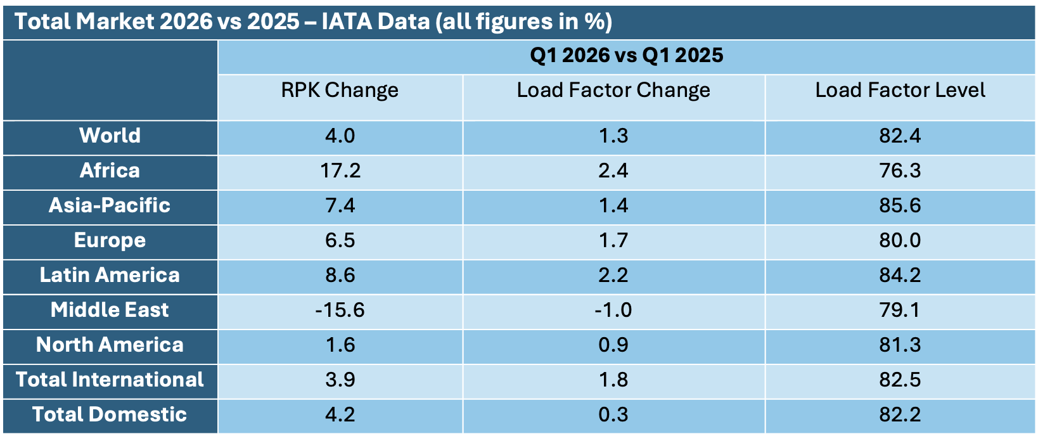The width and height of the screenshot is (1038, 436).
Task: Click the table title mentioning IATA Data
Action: coord(313,22)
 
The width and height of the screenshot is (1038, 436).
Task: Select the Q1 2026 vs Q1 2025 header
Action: coord(627,56)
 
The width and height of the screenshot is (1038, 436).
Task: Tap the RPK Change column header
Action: coord(340,90)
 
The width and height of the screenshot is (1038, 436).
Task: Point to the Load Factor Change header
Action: coord(613,90)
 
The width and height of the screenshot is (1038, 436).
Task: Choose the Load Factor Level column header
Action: coord(900,90)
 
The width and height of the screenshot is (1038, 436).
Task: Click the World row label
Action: coord(110,135)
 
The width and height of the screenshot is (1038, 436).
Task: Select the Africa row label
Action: coord(110,170)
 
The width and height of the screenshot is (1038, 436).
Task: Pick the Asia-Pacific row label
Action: coord(110,205)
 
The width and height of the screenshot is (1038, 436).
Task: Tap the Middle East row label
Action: coord(110,309)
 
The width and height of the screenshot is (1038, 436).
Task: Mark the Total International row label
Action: coord(110,380)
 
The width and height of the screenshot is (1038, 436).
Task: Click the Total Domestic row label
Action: coord(110,414)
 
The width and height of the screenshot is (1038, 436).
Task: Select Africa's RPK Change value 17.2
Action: coord(340,170)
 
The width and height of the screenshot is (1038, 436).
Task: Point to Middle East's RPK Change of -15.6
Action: coord(340,310)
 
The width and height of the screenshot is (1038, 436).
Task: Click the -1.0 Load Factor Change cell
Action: coord(613,310)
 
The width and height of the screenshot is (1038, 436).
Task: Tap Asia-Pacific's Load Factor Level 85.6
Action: coord(900,205)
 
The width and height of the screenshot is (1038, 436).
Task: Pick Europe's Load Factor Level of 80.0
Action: coord(900,240)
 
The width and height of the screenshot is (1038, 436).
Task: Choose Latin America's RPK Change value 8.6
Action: coord(340,275)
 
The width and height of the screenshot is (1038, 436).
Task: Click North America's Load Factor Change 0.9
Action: coord(613,345)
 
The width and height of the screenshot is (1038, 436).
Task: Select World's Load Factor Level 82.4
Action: coord(900,136)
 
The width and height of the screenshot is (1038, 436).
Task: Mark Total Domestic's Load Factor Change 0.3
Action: coord(613,414)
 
